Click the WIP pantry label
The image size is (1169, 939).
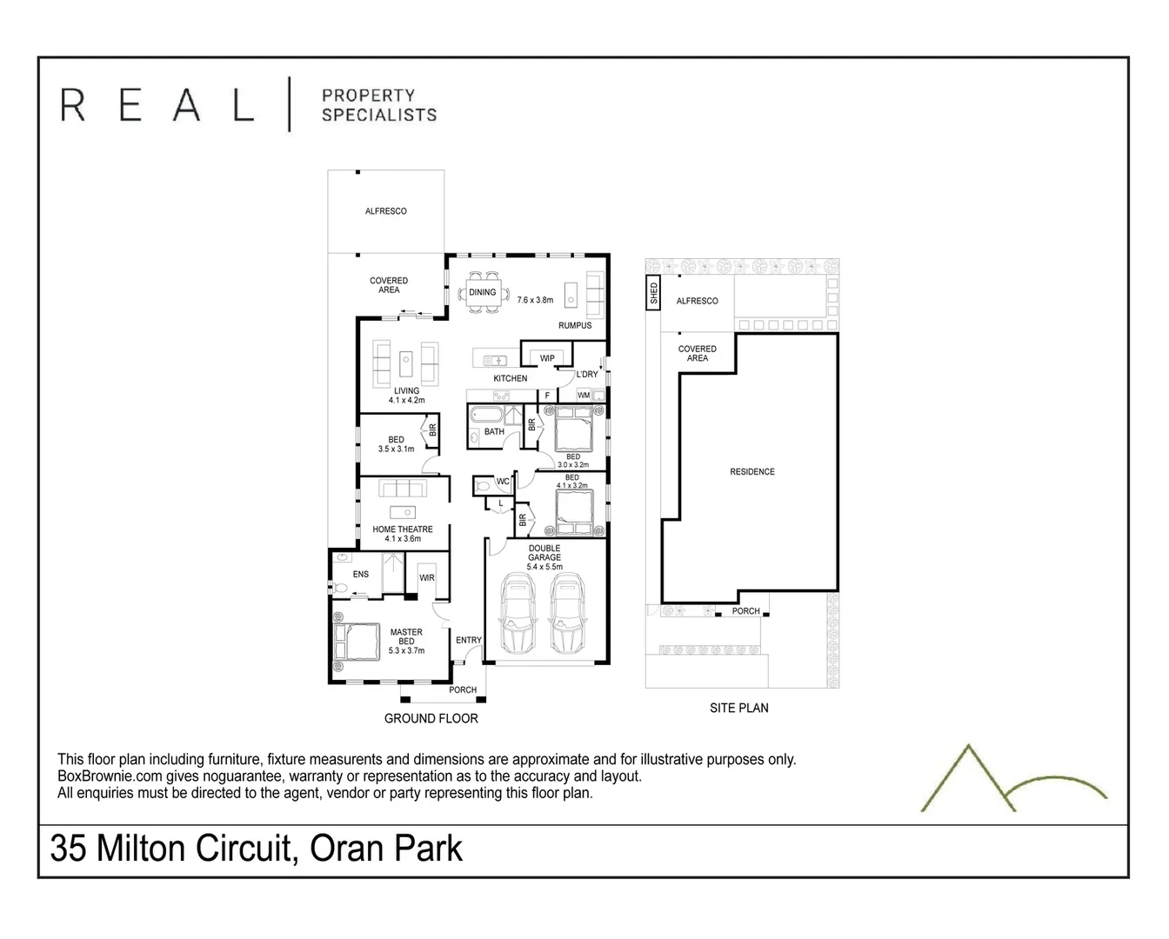pos(547,358)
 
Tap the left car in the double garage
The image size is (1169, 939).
pos(518,614)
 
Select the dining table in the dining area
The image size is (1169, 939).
pos(482,292)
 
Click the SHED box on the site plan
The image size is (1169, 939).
pos(653,293)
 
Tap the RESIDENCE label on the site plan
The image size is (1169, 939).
pos(751,472)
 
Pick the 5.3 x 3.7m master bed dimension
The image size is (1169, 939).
pos(406,650)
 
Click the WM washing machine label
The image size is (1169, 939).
pos(584,395)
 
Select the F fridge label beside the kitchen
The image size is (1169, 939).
pos(547,396)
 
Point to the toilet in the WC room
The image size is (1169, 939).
pos(484,487)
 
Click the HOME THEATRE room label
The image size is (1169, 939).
pos(403,529)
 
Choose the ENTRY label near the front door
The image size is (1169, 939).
pos(468,641)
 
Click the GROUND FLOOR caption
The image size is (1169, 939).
pos(431,718)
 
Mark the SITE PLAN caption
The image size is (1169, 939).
pos(738,708)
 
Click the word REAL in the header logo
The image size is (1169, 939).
pos(157,103)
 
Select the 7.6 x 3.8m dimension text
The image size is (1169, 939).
pos(535,300)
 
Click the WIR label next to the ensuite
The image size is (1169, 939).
pos(426,578)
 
